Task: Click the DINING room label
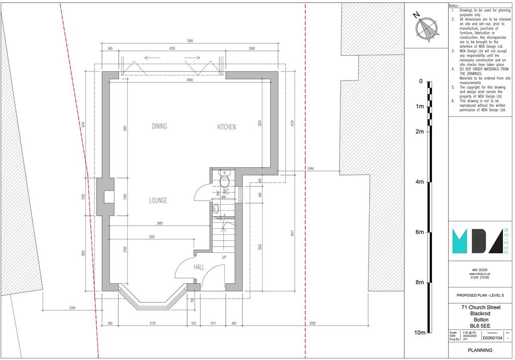159,126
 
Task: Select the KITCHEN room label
226,127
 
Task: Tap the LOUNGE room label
157,200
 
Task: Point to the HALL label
199,267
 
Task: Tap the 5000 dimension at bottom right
313,323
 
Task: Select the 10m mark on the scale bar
419,333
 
